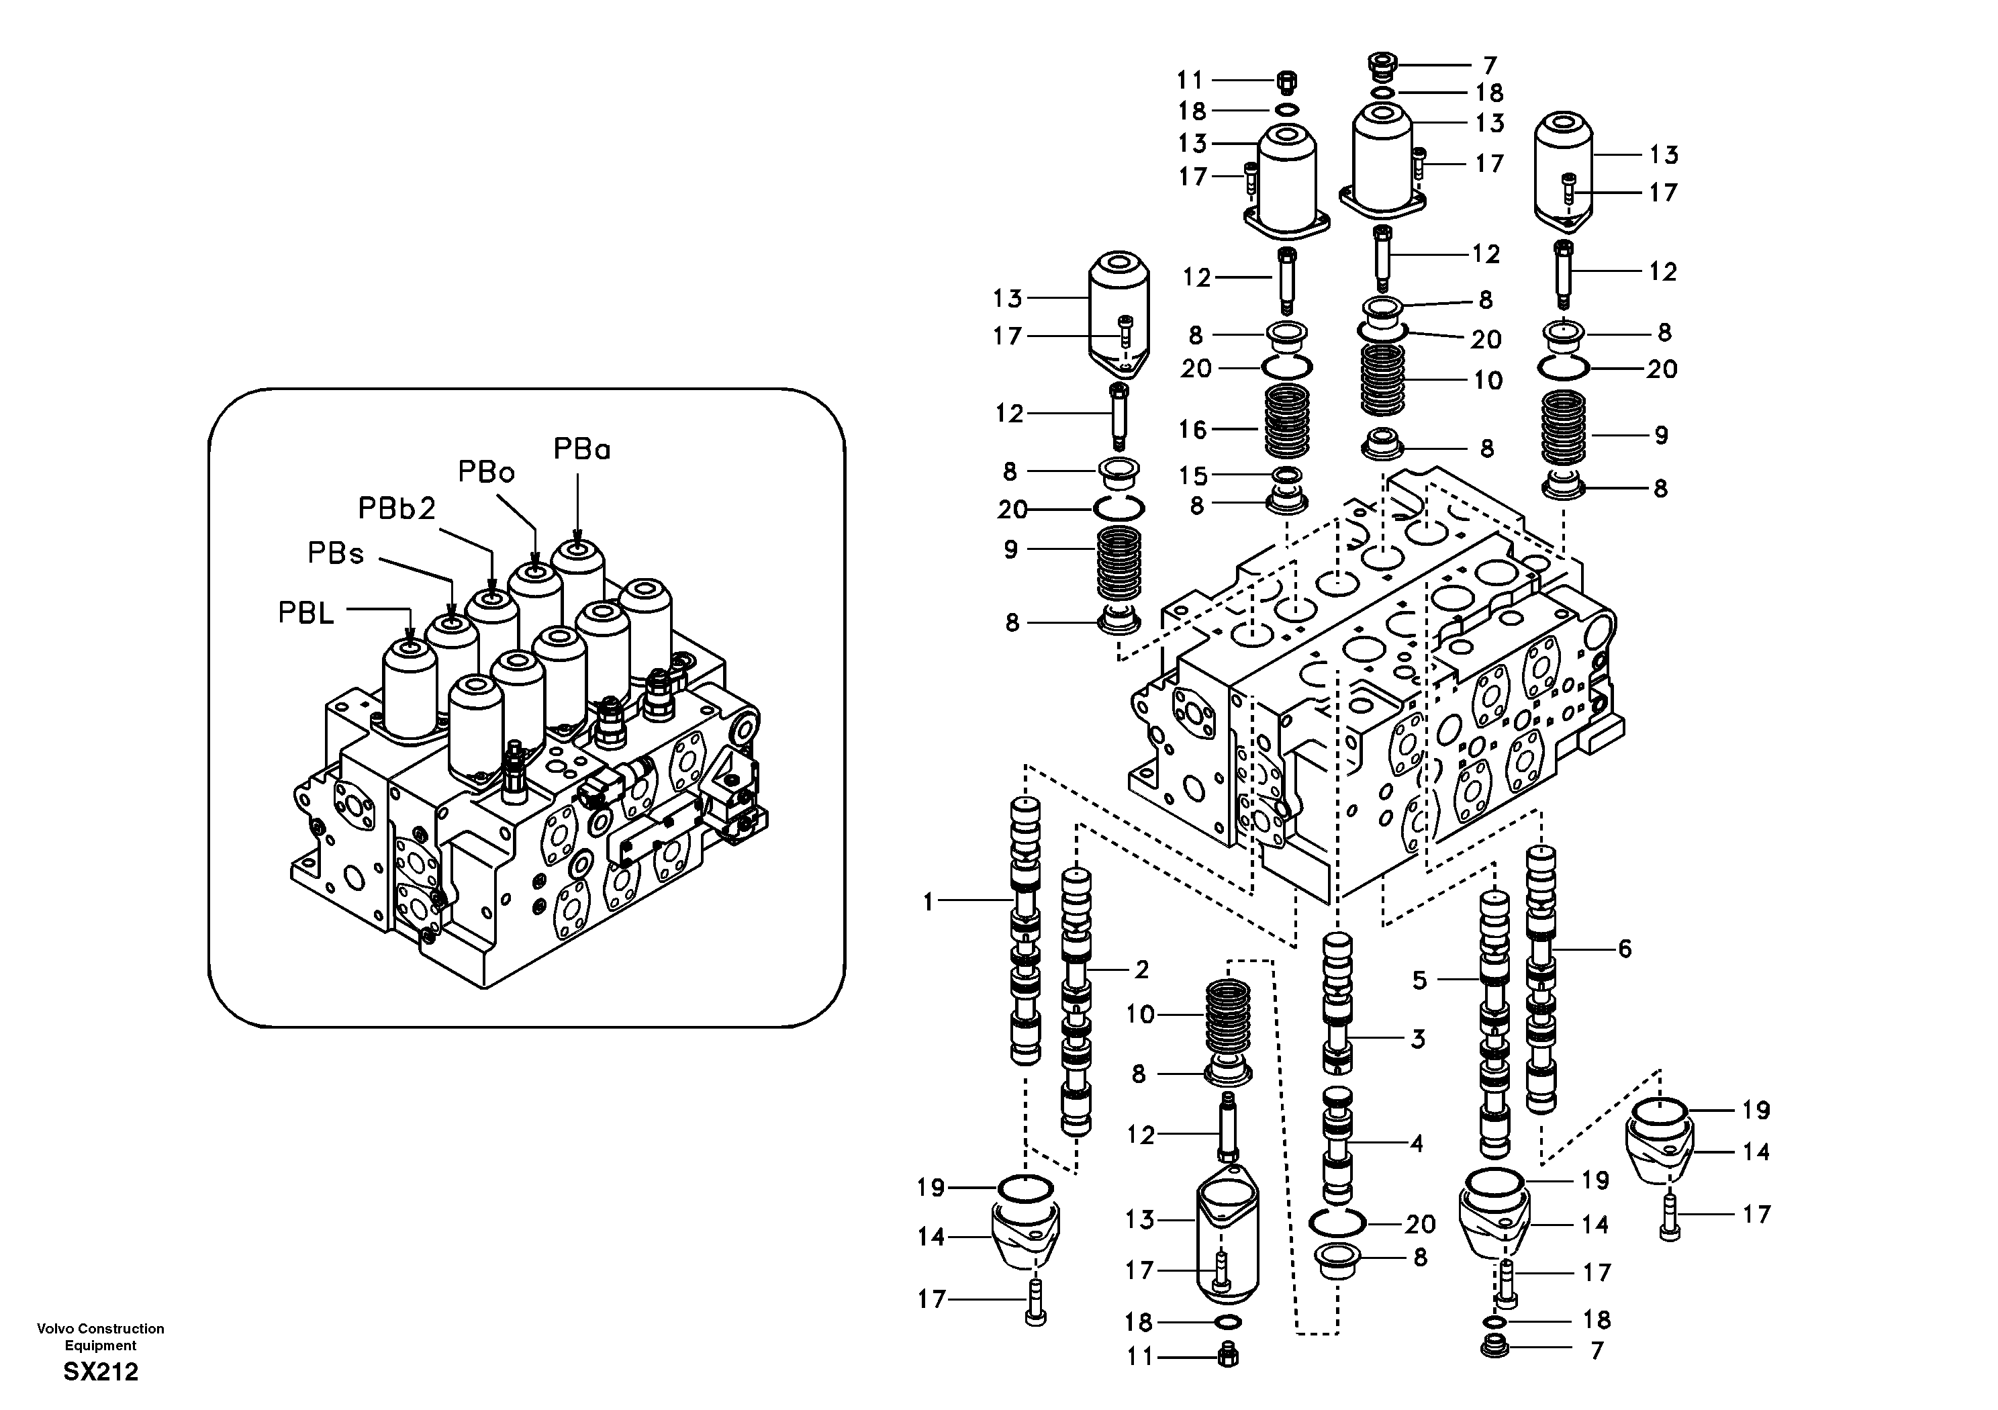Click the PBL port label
tap(305, 613)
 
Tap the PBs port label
tap(335, 553)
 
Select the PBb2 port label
tap(396, 508)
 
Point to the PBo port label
tap(487, 472)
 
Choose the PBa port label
tap(581, 449)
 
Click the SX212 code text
tap(100, 1372)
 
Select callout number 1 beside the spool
tap(928, 902)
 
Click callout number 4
tap(1417, 1143)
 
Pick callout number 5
tap(1419, 980)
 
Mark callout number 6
tap(1625, 949)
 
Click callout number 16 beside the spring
tap(1192, 429)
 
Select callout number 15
tap(1193, 475)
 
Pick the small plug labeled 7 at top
tap(1380, 64)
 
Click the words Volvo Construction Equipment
tap(100, 1337)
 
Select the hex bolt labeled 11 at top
tap(1287, 82)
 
